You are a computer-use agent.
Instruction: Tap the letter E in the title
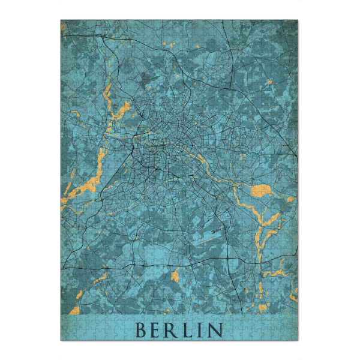[x=157, y=330]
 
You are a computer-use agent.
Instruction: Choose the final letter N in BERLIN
[x=215, y=330]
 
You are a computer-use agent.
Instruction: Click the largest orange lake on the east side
[x=262, y=191]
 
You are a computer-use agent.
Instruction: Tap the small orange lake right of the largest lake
[x=290, y=199]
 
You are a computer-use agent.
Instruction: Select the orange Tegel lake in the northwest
[x=124, y=109]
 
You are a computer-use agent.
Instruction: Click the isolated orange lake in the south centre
[x=175, y=275]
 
